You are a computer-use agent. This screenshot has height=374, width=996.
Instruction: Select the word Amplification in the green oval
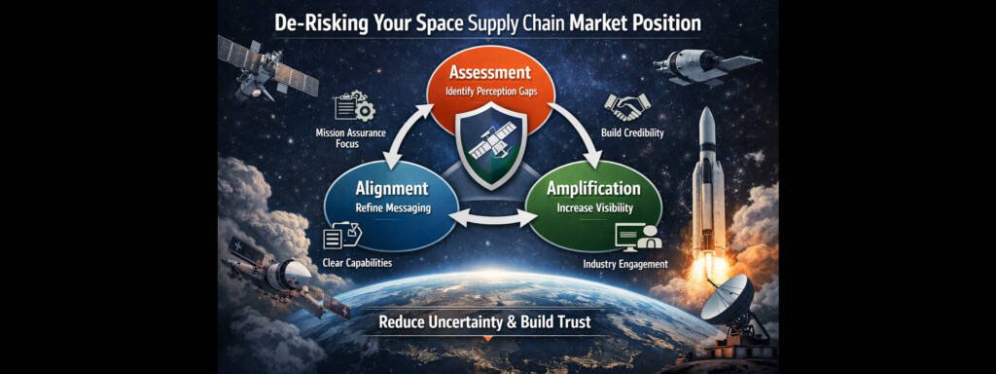pos(592,189)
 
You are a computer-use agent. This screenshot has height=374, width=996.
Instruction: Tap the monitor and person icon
pos(638,237)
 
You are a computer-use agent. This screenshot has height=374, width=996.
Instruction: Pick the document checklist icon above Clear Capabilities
pos(342,235)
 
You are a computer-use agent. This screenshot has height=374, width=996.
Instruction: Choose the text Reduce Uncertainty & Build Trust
pos(484,321)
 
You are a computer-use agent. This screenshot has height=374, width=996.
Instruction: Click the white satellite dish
pos(728,300)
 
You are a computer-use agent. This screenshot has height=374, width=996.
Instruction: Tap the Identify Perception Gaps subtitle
pos(491,92)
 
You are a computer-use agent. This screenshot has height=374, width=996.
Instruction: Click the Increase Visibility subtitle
pos(592,207)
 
